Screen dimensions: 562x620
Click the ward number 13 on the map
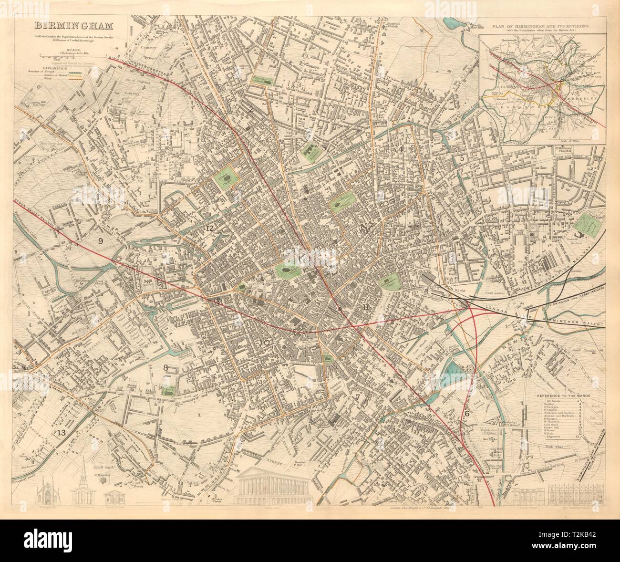[60, 433]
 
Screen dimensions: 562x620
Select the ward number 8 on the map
[165, 367]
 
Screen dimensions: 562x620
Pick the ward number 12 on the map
[210, 228]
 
